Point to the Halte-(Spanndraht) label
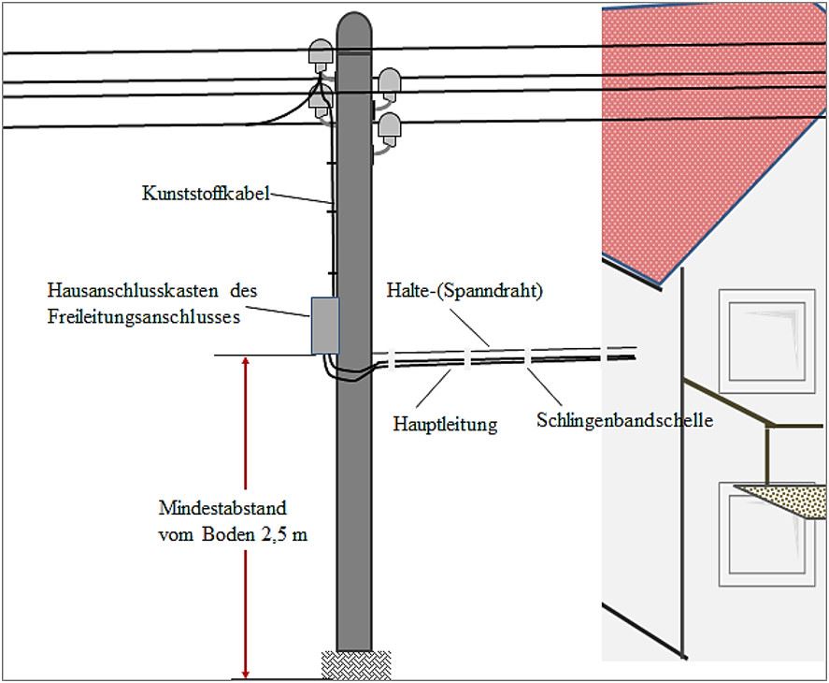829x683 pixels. click(x=465, y=291)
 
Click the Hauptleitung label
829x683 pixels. click(x=445, y=424)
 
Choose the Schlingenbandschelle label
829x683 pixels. click(x=624, y=420)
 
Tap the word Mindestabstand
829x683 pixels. click(x=222, y=509)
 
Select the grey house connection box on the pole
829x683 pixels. click(x=324, y=325)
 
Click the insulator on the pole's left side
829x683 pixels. click(x=321, y=56)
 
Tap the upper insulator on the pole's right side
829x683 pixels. click(x=388, y=81)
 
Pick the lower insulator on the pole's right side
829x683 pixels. click(x=387, y=126)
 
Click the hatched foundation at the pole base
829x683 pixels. click(x=355, y=664)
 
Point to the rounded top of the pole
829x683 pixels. click(x=354, y=23)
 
